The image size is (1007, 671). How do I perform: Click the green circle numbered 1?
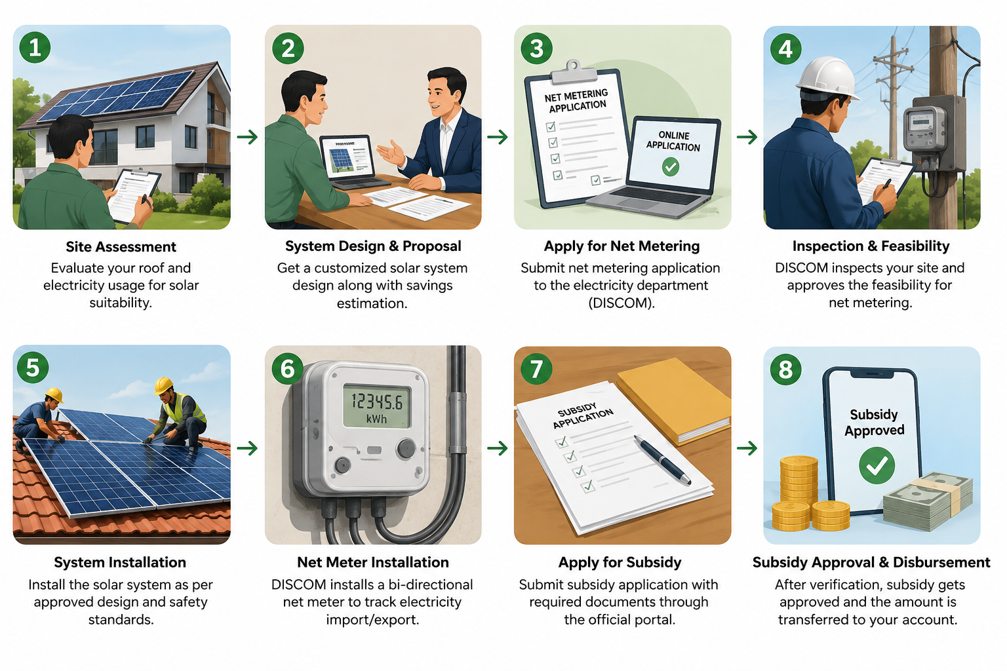pyautogui.click(x=35, y=47)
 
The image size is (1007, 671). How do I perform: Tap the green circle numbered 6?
pyautogui.click(x=288, y=368)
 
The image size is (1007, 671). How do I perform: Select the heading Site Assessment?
pyautogui.click(x=121, y=247)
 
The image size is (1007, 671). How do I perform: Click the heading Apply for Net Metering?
pyautogui.click(x=622, y=246)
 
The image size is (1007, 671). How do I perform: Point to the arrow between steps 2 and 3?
pyautogui.click(x=497, y=137)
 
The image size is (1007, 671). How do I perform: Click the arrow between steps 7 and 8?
pyautogui.click(x=747, y=448)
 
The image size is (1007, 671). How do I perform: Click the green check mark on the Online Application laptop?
pyautogui.click(x=670, y=166)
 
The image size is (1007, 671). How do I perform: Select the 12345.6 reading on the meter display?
pyautogui.click(x=377, y=401)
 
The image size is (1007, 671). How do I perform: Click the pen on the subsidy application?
pyautogui.click(x=662, y=460)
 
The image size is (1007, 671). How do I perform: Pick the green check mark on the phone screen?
pyautogui.click(x=876, y=466)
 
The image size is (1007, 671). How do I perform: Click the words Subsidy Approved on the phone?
pyautogui.click(x=874, y=422)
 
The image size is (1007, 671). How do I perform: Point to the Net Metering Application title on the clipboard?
pyautogui.click(x=577, y=100)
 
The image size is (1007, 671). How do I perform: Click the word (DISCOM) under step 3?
pyautogui.click(x=622, y=303)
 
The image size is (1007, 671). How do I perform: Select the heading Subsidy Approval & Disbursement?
pyautogui.click(x=871, y=562)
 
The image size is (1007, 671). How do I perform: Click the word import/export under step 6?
pyautogui.click(x=372, y=620)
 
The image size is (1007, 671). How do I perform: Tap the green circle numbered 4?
pyautogui.click(x=785, y=48)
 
